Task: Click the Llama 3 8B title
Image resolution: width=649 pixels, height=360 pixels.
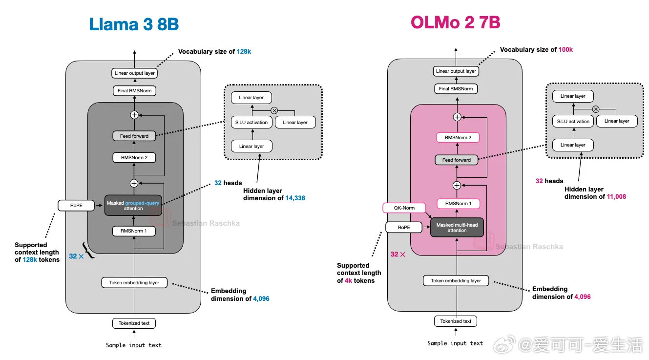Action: [134, 24]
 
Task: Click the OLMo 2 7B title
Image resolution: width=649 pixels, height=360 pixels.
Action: [456, 22]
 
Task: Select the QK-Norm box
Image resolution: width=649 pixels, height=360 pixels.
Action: [404, 208]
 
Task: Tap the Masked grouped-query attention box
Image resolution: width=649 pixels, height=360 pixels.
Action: [133, 206]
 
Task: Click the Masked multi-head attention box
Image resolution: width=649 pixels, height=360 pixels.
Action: [457, 228]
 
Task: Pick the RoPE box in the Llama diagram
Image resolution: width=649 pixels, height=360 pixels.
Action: [76, 206]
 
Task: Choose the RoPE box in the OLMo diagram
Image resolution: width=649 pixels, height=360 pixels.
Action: [404, 228]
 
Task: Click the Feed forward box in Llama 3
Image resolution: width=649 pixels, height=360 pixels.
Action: [134, 136]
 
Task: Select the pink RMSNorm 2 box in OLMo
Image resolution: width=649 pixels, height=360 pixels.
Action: [458, 137]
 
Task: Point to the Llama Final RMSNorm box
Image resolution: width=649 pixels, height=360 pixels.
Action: [134, 91]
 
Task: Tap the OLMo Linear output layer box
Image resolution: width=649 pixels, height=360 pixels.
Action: [456, 71]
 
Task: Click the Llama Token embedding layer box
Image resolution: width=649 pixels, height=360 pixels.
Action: [134, 283]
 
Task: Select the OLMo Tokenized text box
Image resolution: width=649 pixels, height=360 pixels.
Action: [456, 321]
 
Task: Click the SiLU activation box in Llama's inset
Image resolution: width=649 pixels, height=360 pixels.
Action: [251, 122]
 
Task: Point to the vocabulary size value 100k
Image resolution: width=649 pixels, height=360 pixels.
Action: [565, 49]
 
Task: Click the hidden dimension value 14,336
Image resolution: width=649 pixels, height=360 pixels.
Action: [295, 198]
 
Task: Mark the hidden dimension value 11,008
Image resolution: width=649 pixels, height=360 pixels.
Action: [617, 197]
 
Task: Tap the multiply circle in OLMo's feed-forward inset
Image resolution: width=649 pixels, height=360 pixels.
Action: [596, 109]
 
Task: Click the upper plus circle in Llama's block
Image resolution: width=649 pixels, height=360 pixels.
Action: [134, 115]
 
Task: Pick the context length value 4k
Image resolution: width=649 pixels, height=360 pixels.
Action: [348, 280]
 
